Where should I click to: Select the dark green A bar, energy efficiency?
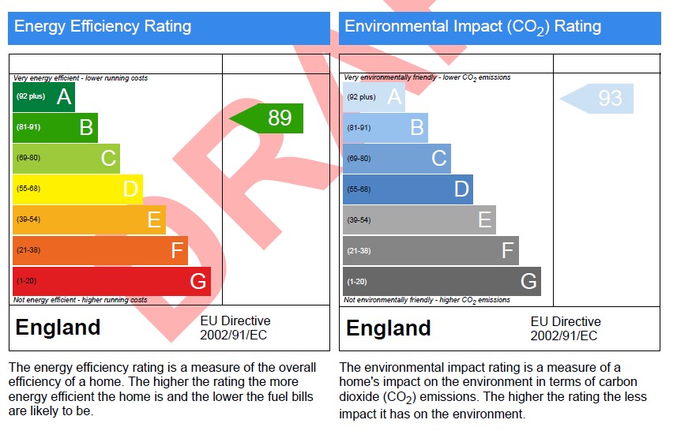(43, 96)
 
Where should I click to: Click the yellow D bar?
(77, 189)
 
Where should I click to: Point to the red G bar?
(112, 281)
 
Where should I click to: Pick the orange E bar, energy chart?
(89, 219)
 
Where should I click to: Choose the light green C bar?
(66, 159)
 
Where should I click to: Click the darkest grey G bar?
(442, 282)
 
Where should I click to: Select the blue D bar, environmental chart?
(408, 189)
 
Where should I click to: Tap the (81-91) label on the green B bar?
(28, 127)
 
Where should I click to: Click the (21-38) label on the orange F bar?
(28, 250)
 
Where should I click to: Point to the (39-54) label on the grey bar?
(359, 220)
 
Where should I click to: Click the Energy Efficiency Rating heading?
(103, 26)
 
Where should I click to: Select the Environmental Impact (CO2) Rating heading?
(472, 27)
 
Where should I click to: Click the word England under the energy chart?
(58, 327)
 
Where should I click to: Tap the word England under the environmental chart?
(389, 328)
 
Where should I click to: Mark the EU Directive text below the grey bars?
(566, 328)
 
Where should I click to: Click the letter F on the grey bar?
(508, 250)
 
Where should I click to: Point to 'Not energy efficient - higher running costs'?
(81, 300)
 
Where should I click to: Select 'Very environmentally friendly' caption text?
(390, 77)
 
